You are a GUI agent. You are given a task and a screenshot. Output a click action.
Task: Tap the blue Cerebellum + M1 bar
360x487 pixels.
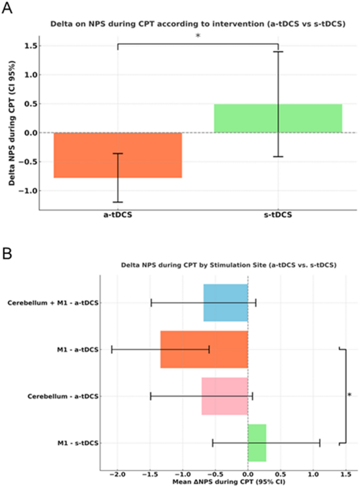point(225,303)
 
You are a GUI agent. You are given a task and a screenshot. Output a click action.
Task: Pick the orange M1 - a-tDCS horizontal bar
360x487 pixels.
point(204,349)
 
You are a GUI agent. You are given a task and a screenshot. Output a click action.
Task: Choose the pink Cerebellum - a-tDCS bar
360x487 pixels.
point(225,396)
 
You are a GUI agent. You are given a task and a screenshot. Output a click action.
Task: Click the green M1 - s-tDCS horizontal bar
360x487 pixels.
point(257,443)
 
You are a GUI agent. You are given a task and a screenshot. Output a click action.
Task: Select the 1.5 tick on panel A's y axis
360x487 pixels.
point(37,46)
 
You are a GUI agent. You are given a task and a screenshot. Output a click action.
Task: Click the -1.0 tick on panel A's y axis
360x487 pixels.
point(36,191)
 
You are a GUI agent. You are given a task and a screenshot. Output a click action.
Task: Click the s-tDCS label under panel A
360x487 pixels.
point(278,216)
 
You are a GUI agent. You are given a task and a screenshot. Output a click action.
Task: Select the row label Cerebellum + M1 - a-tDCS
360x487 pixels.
point(52,303)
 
